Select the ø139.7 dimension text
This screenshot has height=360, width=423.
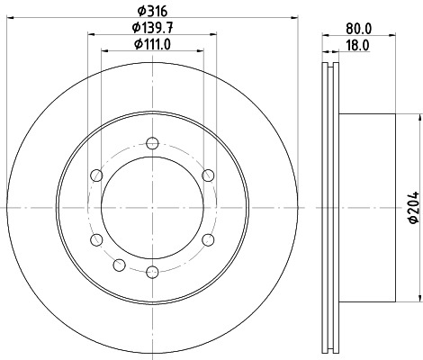[x=151, y=30]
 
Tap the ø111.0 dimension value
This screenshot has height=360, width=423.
[x=151, y=45]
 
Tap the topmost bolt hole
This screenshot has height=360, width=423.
[x=151, y=143]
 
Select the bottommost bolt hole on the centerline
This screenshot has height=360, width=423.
[x=151, y=270]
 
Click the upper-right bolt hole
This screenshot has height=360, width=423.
[x=207, y=175]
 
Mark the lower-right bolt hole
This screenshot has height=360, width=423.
[x=207, y=238]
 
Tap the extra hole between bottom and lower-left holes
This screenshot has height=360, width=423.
[x=119, y=263]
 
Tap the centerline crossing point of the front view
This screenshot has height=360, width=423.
[x=151, y=207]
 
